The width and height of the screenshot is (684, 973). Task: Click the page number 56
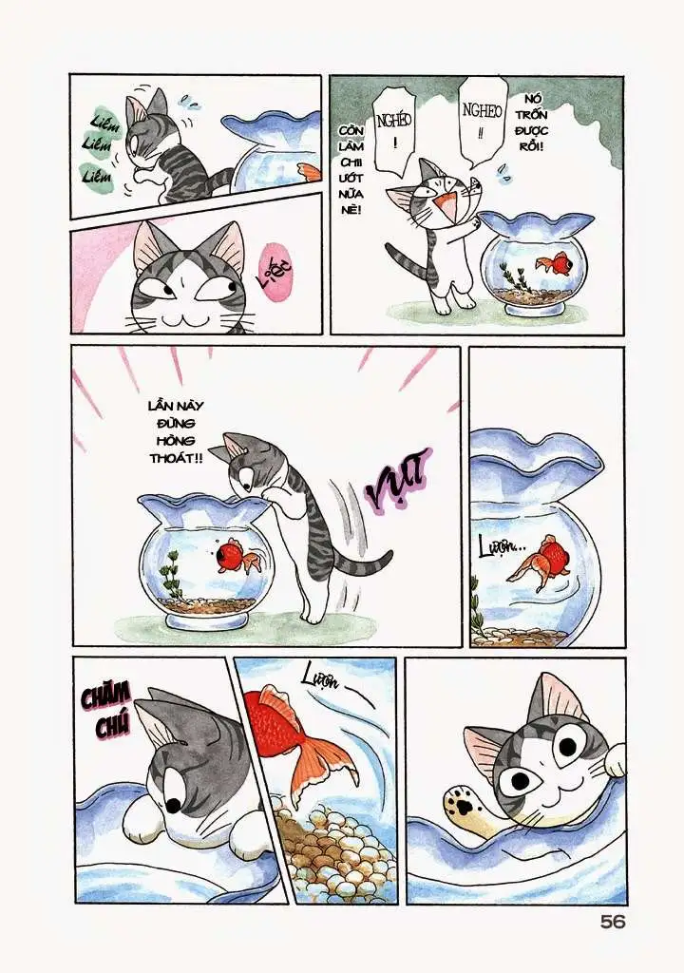click(613, 922)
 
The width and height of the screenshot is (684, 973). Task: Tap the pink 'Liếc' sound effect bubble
click(277, 271)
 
